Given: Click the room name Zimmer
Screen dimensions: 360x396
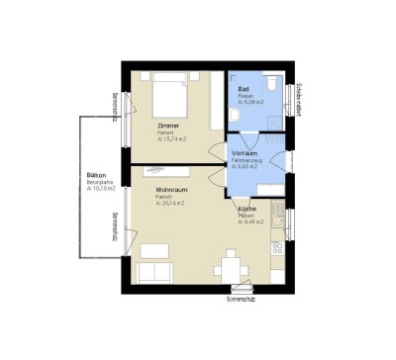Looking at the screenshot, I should pyautogui.click(x=167, y=127).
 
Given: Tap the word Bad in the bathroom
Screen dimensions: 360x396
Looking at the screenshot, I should pyautogui.click(x=243, y=89).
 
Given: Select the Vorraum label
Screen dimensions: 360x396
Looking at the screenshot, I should pyautogui.click(x=245, y=153).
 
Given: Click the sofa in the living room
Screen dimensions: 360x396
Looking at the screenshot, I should pyautogui.click(x=152, y=273).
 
